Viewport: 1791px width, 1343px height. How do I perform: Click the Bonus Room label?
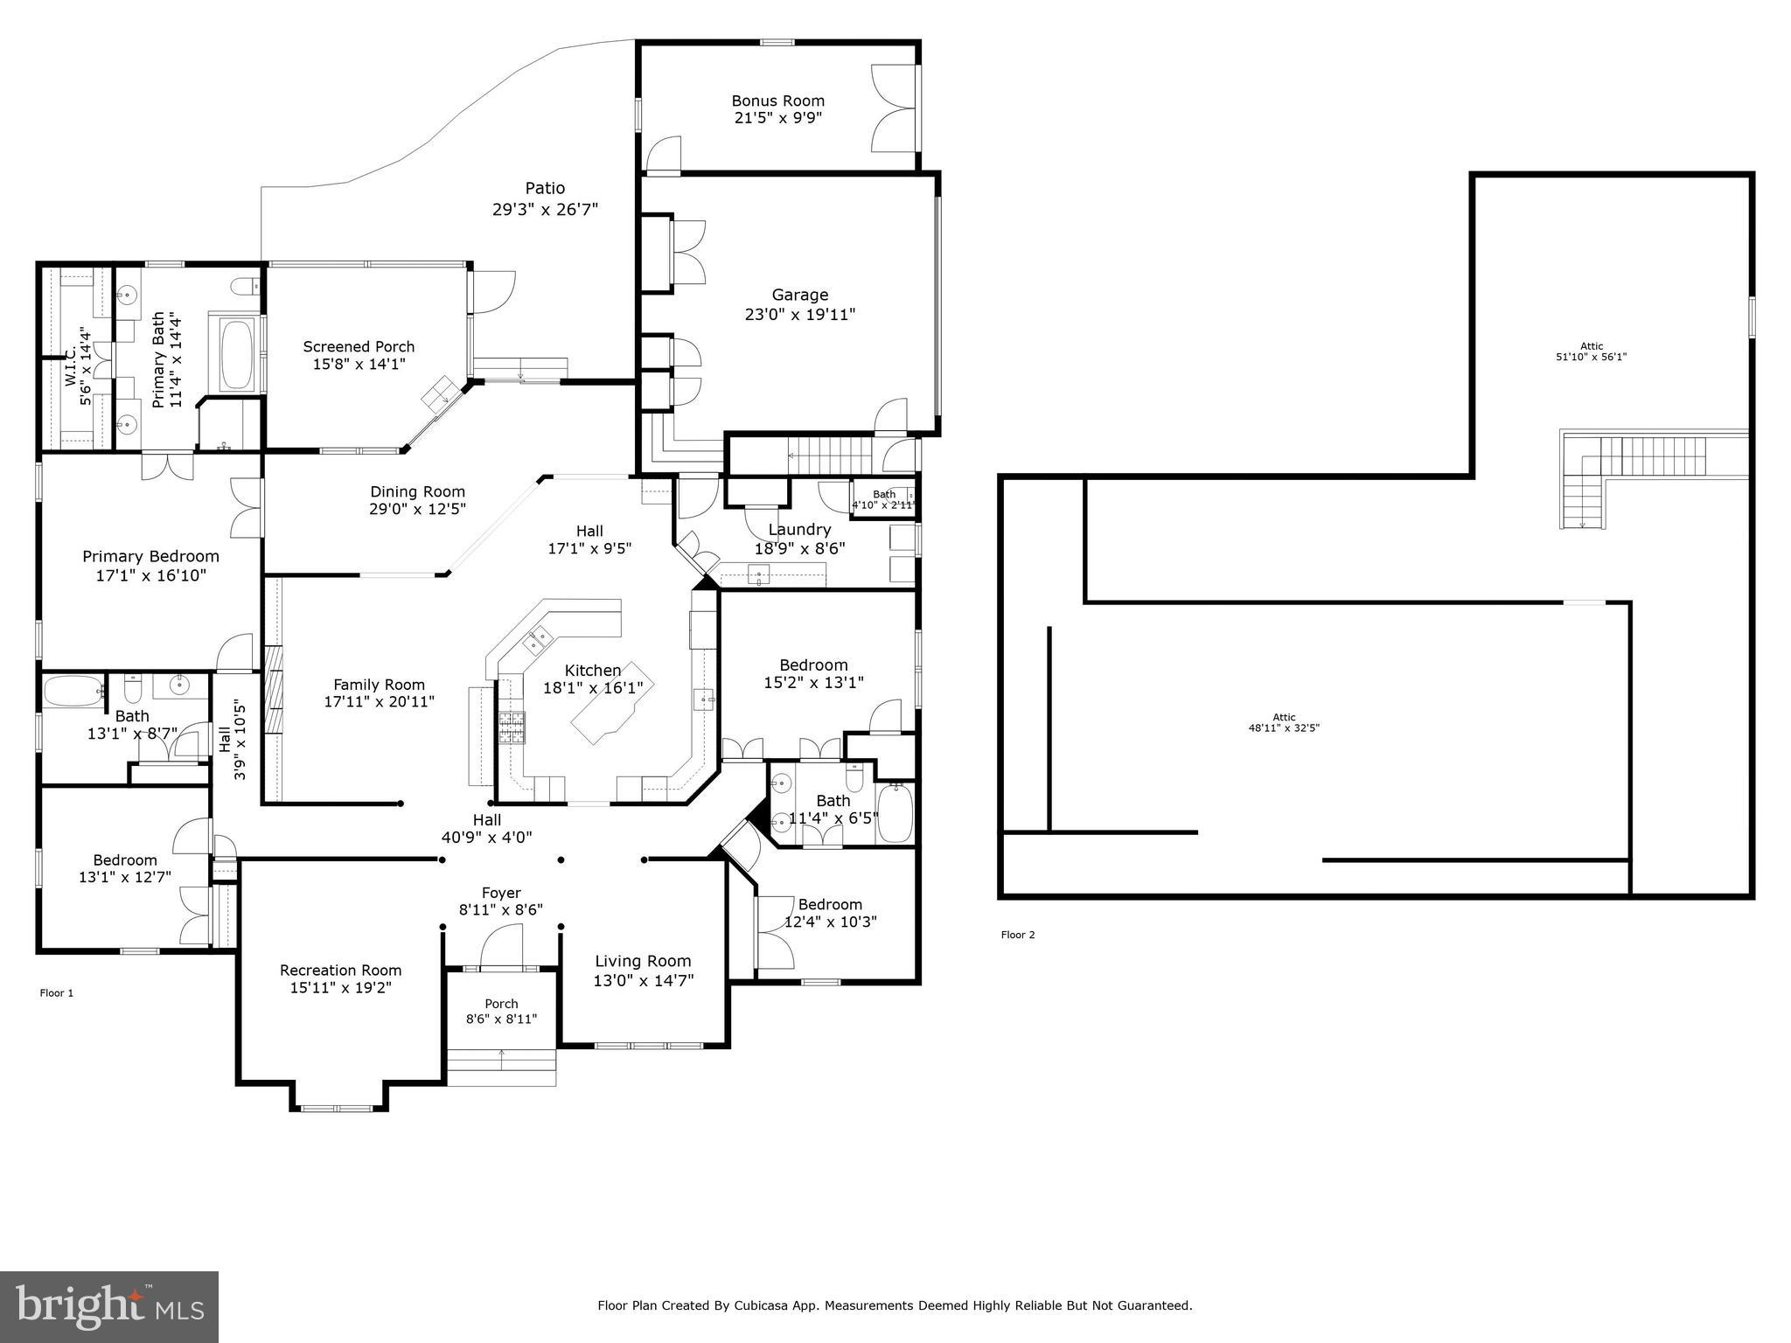click(777, 101)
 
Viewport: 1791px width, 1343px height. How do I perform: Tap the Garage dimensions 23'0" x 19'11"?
click(799, 315)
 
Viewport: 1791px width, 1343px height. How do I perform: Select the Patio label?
click(545, 188)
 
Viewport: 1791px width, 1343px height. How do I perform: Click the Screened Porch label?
click(359, 347)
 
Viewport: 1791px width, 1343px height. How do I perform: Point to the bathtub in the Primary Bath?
click(235, 356)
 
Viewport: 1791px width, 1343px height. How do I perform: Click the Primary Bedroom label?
click(150, 556)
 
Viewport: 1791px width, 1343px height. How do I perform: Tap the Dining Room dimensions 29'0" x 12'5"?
click(417, 509)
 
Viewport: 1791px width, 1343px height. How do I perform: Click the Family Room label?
click(379, 685)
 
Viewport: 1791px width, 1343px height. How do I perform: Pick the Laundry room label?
click(799, 529)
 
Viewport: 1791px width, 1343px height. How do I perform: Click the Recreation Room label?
click(340, 970)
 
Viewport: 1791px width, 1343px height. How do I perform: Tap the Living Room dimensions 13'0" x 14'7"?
click(643, 981)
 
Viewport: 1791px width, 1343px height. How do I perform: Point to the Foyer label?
click(501, 893)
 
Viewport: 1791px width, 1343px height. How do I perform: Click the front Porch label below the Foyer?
click(501, 1004)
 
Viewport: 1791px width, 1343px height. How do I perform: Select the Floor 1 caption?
click(57, 992)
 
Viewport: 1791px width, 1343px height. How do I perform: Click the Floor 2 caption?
click(1018, 935)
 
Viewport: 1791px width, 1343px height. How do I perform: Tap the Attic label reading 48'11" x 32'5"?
click(1284, 722)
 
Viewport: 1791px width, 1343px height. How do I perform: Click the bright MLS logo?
click(109, 1307)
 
